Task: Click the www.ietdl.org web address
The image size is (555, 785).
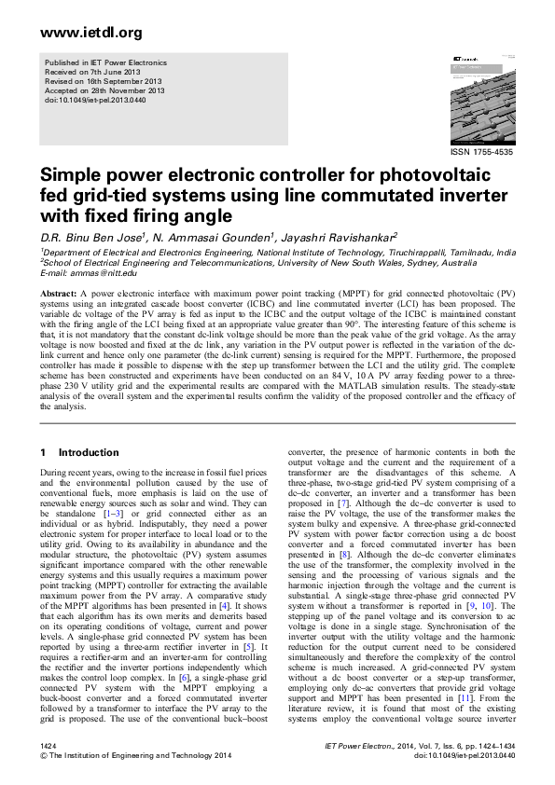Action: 78,33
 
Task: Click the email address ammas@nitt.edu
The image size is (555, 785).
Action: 105,273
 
